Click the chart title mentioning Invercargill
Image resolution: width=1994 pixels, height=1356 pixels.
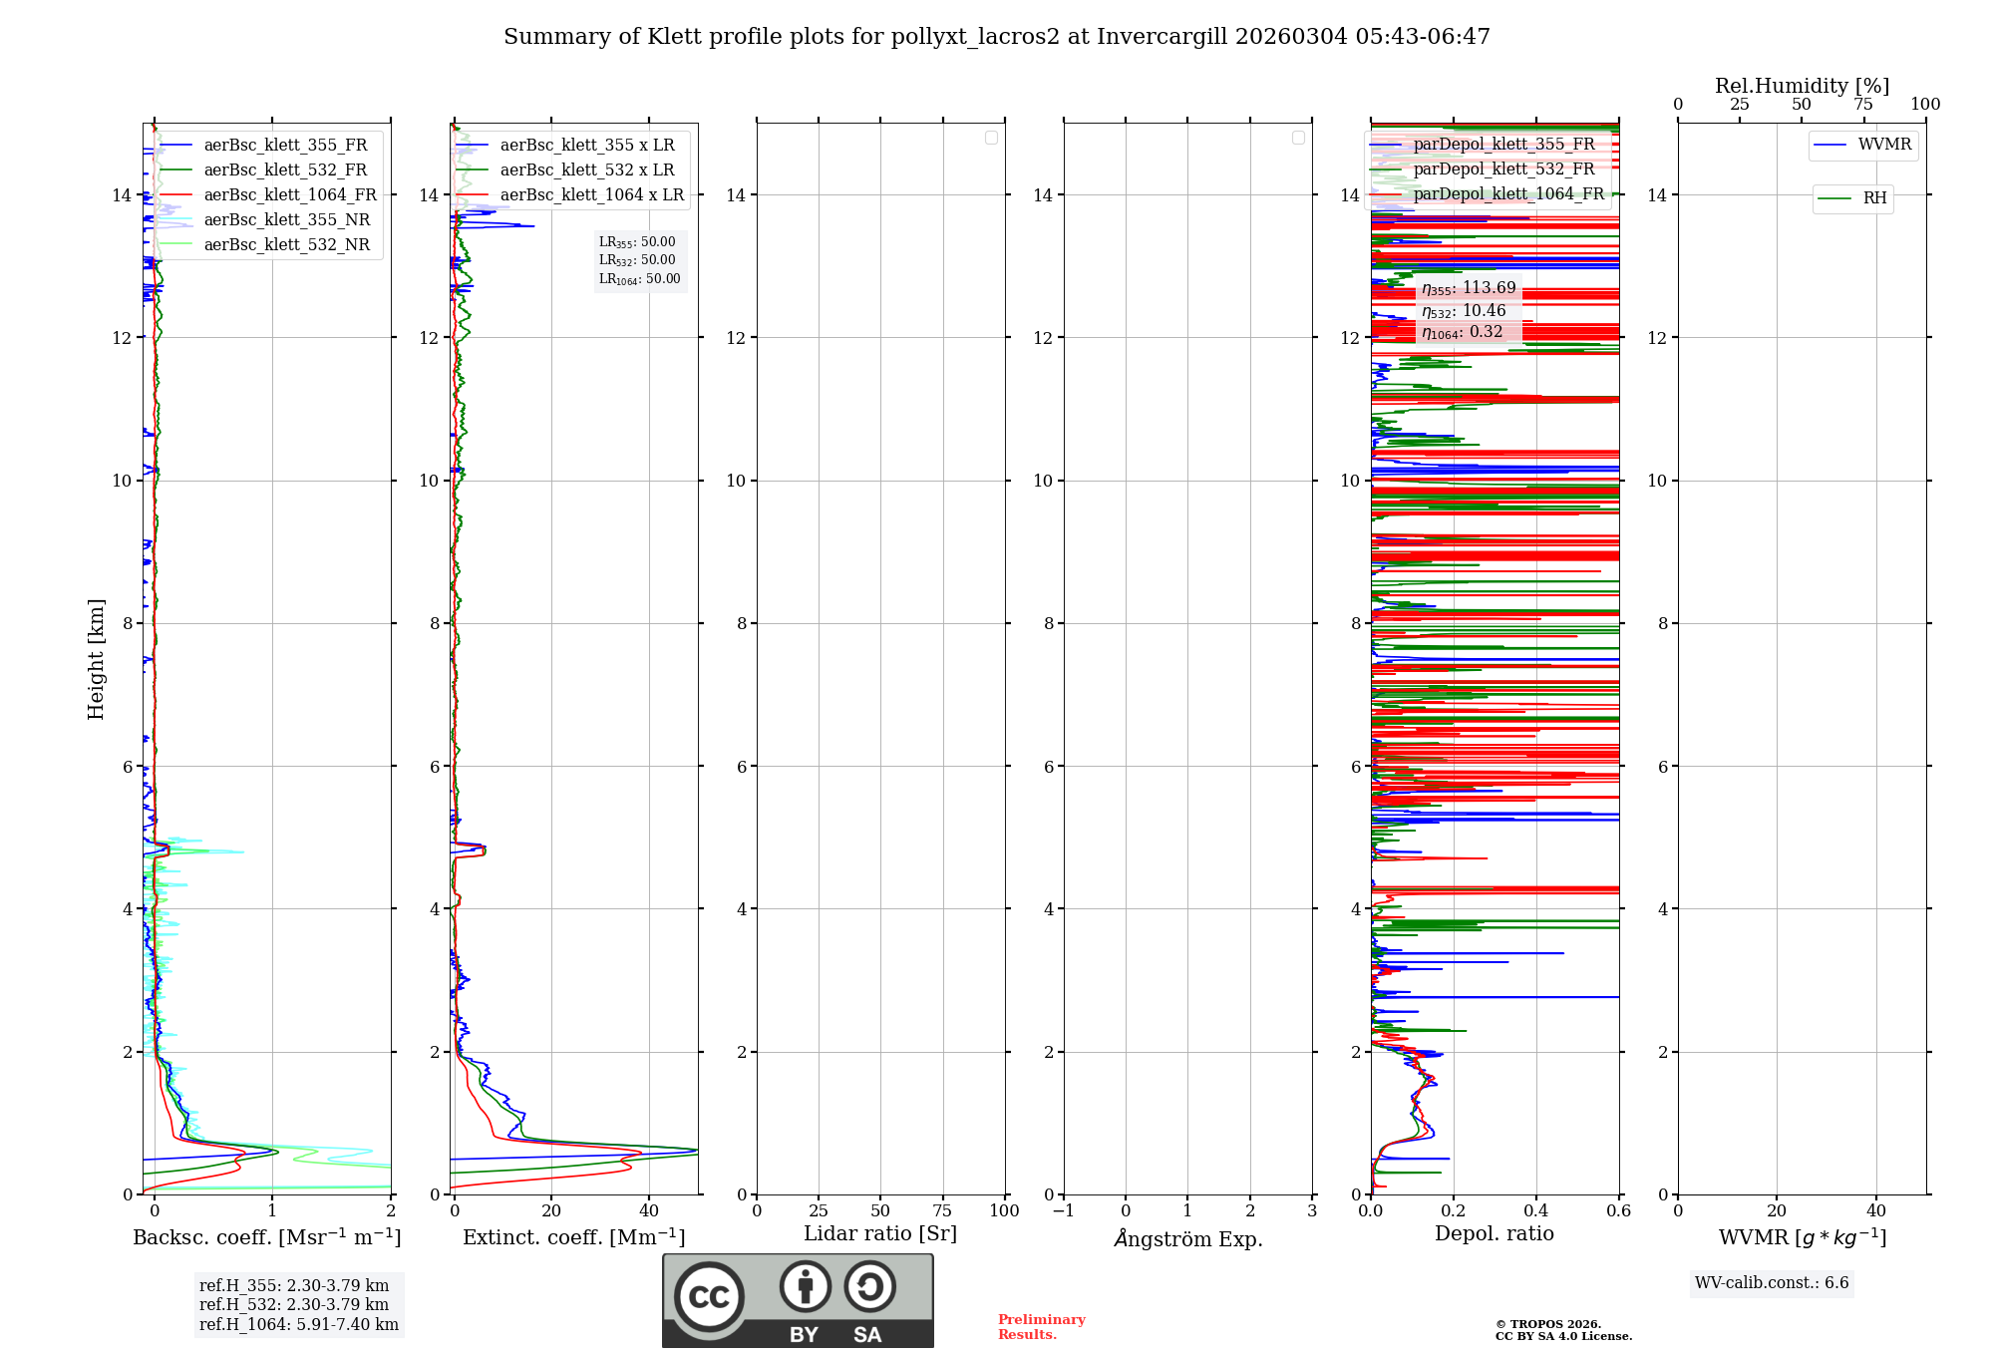coord(996,37)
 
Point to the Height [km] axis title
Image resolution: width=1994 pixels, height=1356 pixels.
coord(96,658)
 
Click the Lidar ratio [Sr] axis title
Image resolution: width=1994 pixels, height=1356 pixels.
coord(879,1234)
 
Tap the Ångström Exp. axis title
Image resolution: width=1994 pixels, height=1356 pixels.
coord(1187,1239)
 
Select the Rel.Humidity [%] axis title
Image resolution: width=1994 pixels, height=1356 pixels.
coord(1802,86)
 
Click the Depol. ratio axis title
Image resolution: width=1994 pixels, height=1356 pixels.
coord(1494,1234)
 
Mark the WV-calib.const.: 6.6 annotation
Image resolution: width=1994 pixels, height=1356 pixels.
coord(1772,1283)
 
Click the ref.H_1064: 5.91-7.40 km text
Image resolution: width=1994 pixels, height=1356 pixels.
coord(298,1325)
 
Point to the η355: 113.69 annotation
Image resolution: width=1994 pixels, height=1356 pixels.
coord(1469,289)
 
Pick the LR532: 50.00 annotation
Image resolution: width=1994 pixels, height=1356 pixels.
coord(637,260)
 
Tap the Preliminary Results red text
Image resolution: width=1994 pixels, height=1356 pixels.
coord(1041,1327)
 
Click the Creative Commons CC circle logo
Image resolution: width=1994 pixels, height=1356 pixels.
coord(709,1296)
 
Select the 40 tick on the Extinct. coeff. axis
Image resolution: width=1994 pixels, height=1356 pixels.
coord(649,1211)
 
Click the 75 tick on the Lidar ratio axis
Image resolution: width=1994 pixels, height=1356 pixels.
coord(942,1211)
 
